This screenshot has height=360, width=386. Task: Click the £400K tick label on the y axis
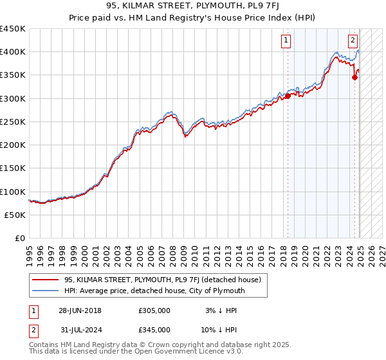point(13,52)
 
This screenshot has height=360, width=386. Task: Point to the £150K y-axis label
point(13,168)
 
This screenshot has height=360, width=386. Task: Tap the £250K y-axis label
point(13,122)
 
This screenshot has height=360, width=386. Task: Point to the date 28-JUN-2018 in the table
point(80,310)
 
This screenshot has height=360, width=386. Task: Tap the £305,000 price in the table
point(154,310)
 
